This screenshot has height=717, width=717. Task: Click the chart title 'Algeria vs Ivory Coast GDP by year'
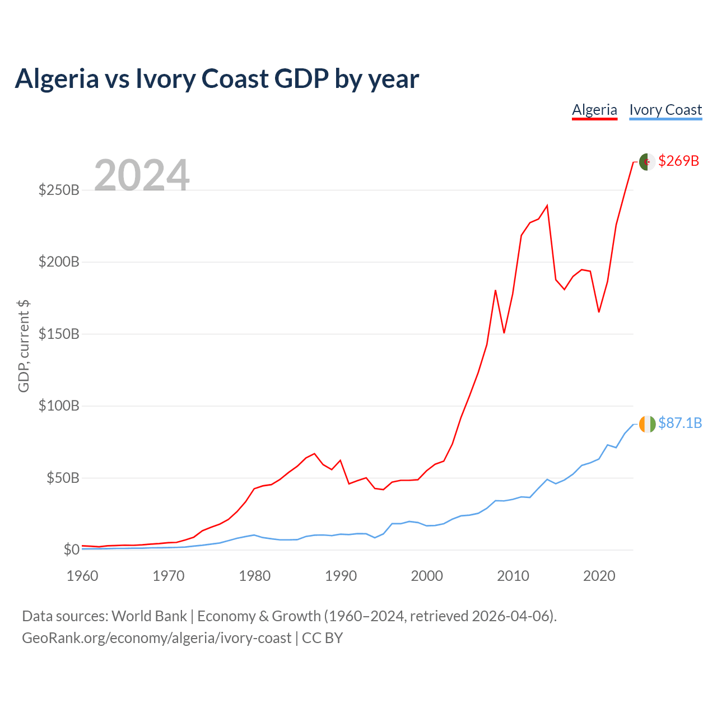[217, 79]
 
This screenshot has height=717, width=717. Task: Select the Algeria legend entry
[594, 110]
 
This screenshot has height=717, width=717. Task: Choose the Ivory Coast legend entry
[665, 110]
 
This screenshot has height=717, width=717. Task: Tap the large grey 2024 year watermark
[142, 175]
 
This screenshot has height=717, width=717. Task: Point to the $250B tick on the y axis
[59, 190]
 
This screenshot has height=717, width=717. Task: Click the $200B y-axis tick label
[59, 262]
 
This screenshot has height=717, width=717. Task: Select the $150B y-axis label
[59, 334]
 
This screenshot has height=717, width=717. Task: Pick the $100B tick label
[59, 406]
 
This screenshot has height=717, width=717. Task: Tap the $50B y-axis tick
[63, 477]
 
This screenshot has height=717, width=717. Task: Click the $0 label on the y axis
[72, 549]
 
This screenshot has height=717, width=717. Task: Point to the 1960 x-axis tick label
[82, 576]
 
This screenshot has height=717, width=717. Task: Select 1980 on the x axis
[254, 576]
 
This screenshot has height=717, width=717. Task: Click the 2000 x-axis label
[427, 576]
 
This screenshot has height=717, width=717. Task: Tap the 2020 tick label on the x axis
[599, 576]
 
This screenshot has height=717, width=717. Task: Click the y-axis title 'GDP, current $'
[24, 346]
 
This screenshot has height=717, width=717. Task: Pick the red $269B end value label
[678, 161]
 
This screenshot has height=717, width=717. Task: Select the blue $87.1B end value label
[680, 423]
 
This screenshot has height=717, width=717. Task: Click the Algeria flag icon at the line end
[647, 162]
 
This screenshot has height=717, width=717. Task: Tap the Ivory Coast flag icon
[647, 425]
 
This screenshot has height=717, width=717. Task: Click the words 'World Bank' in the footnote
[149, 616]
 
